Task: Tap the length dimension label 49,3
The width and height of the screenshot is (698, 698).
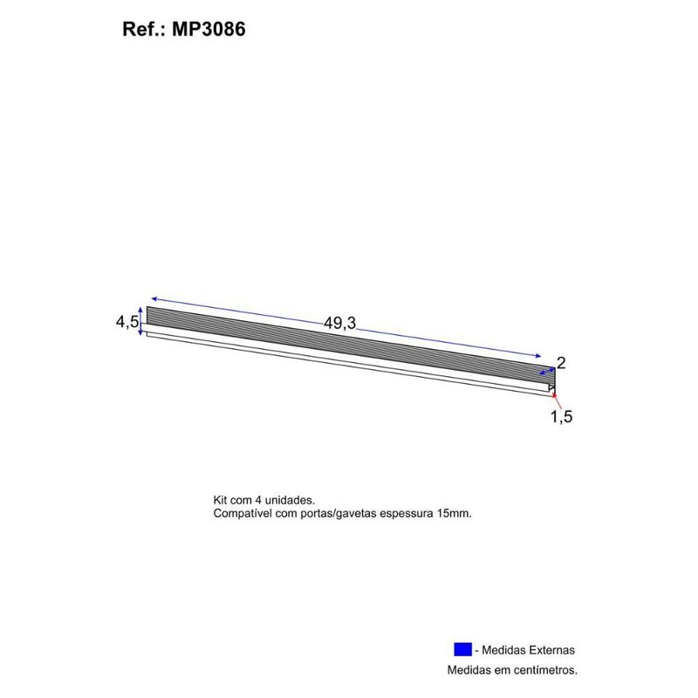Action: click(x=340, y=323)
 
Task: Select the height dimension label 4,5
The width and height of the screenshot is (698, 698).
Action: click(x=127, y=323)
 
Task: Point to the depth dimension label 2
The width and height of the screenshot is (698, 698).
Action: click(x=561, y=362)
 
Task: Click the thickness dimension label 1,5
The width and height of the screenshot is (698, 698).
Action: click(x=561, y=417)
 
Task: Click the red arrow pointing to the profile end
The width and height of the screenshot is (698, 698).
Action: click(x=556, y=398)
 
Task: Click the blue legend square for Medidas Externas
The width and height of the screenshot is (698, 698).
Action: click(x=462, y=650)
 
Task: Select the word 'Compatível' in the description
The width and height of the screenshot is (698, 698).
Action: click(x=241, y=514)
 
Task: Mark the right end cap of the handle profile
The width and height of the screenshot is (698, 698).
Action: click(x=551, y=379)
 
